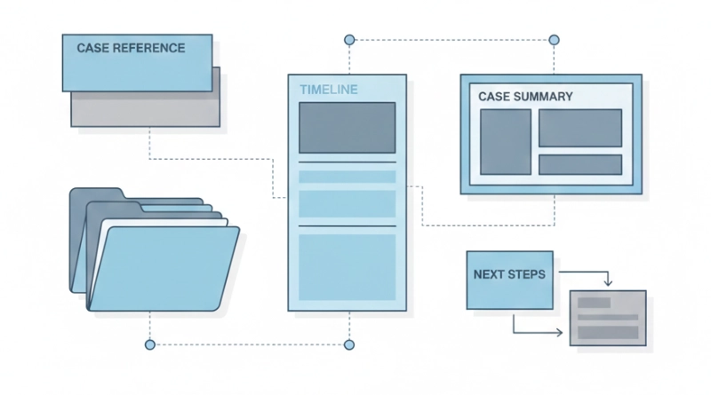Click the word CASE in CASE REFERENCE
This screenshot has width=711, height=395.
point(92,48)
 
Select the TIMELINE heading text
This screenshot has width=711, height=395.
point(328,90)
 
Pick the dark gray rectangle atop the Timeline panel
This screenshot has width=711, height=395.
point(347,128)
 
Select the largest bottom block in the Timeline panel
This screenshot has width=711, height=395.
point(347,266)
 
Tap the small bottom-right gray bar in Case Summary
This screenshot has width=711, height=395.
point(579,165)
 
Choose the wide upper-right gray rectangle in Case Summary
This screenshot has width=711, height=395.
point(579,128)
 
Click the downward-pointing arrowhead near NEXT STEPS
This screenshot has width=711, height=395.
point(608,283)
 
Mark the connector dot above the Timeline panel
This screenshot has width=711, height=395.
point(349,40)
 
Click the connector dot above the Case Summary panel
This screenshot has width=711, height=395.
point(555,40)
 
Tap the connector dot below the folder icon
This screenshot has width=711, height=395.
point(149,344)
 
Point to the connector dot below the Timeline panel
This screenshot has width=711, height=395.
point(349,344)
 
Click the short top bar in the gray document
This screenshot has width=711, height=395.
point(594,303)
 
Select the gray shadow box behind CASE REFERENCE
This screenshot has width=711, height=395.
point(147,109)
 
